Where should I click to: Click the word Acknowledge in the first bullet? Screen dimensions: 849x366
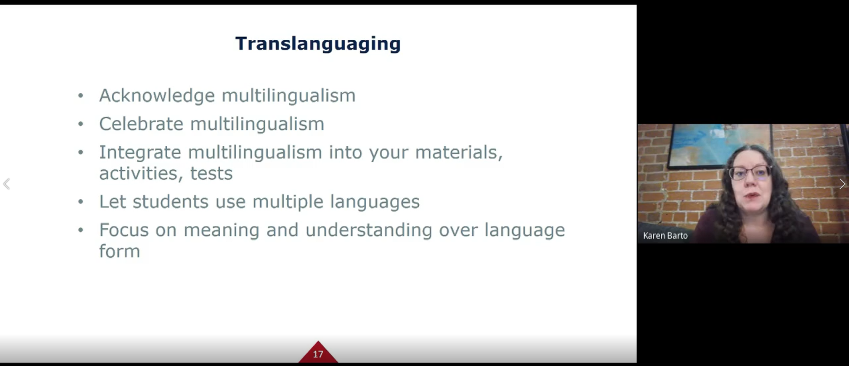tap(157, 95)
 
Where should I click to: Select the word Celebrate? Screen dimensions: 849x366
tap(141, 124)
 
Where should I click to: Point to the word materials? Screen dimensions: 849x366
tap(459, 153)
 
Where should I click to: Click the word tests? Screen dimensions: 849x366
tap(211, 173)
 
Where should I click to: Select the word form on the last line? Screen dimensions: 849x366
tap(120, 251)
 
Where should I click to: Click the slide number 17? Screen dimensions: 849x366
tap(318, 354)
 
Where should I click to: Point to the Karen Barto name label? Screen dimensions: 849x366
tap(665, 236)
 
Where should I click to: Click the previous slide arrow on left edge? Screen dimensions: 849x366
tap(6, 184)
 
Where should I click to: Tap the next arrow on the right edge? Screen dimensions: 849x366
tap(842, 184)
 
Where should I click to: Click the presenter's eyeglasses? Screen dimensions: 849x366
tap(750, 173)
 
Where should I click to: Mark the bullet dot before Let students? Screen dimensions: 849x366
tap(80, 202)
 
